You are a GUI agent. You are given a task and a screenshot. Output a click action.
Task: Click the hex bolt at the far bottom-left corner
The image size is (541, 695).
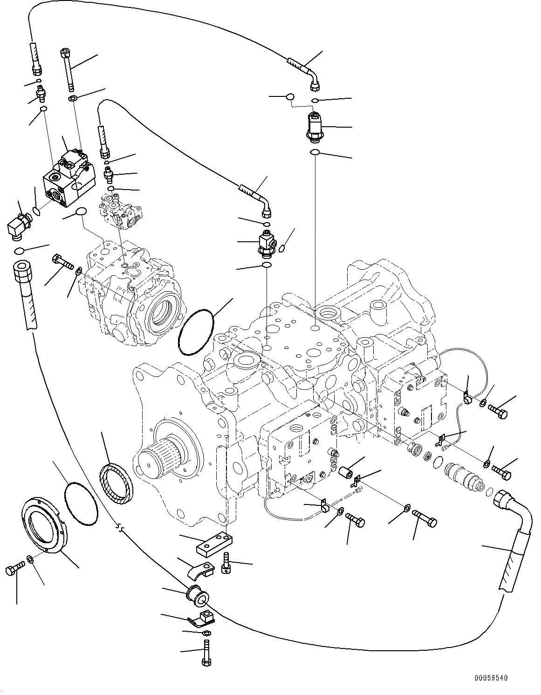tap(15, 569)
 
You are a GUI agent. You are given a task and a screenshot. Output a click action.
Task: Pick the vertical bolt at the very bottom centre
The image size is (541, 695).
tap(206, 652)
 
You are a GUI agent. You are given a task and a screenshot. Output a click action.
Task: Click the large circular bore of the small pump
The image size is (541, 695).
tap(163, 313)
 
